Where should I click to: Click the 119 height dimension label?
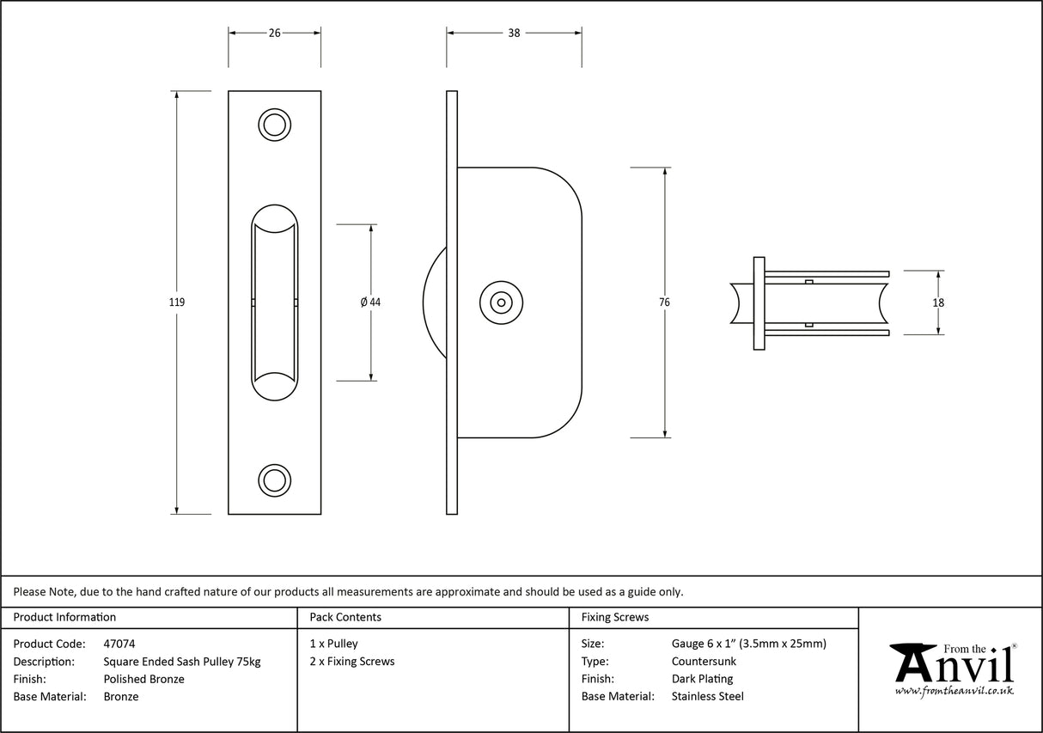177,302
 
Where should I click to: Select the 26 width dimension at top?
274,33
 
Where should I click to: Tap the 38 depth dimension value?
514,33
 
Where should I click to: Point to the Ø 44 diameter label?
370,302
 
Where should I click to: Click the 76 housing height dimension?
665,302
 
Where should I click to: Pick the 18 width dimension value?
938,302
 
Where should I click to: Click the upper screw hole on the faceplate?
274,125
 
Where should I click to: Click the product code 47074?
119,644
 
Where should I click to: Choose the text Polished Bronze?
143,679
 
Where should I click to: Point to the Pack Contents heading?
345,617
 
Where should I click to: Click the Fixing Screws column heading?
615,617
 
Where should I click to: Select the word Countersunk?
704,662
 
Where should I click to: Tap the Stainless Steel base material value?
707,697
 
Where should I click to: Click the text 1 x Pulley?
333,644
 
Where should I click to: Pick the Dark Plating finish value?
702,679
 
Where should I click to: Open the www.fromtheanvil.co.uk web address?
954,691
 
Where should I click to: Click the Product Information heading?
64,617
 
